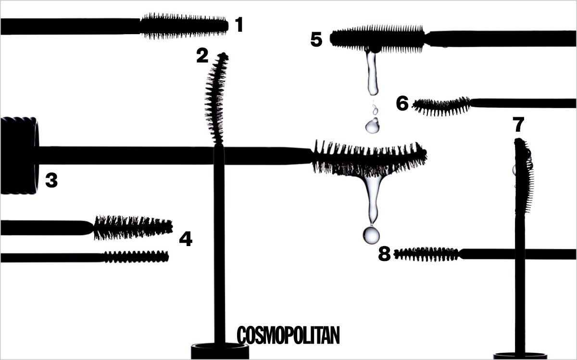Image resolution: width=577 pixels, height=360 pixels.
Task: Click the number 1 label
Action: click(239, 25)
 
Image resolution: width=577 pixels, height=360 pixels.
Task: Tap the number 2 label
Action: click(202, 56)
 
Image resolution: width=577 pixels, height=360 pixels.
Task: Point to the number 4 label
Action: click(186, 239)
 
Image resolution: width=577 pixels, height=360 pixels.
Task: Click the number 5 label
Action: click(316, 40)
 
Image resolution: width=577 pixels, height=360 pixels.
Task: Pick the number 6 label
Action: click(402, 103)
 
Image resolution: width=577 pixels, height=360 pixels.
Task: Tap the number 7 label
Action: click(518, 125)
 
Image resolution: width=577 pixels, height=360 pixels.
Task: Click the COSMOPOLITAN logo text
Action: click(288, 335)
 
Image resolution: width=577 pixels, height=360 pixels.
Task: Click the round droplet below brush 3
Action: click(371, 235)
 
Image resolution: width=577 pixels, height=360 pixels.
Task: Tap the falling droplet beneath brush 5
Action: click(372, 126)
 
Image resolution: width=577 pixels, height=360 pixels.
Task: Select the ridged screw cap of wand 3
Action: click(19, 155)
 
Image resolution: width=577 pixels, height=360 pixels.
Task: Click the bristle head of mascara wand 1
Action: click(184, 26)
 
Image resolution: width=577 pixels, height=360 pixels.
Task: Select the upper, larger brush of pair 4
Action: click(133, 227)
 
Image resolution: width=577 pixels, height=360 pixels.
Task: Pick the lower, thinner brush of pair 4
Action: click(137, 257)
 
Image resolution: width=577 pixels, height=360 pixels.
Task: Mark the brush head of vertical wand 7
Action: click(523, 175)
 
